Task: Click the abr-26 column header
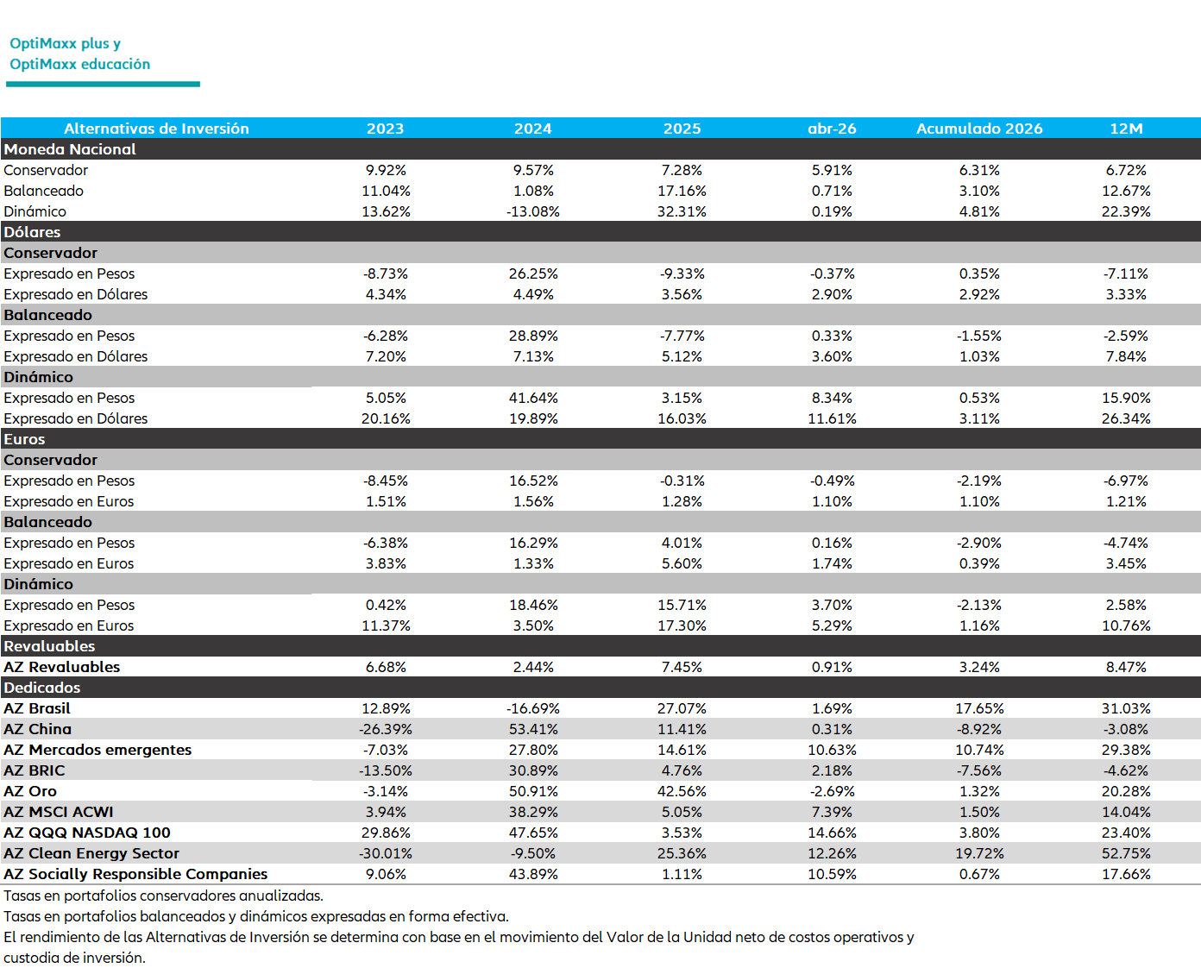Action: point(832,129)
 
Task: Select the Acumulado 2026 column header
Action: point(979,129)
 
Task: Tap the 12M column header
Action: point(1126,129)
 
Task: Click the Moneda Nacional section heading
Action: point(70,149)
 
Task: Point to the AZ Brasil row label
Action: point(37,708)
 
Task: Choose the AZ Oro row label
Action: point(30,791)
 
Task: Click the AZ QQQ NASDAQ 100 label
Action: point(87,833)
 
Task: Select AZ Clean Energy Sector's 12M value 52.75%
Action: point(1126,853)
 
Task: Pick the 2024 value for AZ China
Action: point(533,729)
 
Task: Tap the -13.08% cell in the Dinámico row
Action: point(533,211)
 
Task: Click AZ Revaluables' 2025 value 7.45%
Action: point(682,667)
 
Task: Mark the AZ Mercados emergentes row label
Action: point(97,750)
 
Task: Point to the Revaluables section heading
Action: point(49,646)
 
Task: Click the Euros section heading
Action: point(24,439)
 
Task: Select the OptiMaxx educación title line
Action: point(79,64)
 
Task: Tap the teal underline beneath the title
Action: point(104,85)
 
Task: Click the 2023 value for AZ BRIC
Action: point(386,770)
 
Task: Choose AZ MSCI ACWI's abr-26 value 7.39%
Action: point(832,812)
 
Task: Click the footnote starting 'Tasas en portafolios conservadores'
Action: point(164,896)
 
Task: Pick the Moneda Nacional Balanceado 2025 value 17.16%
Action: point(682,191)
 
